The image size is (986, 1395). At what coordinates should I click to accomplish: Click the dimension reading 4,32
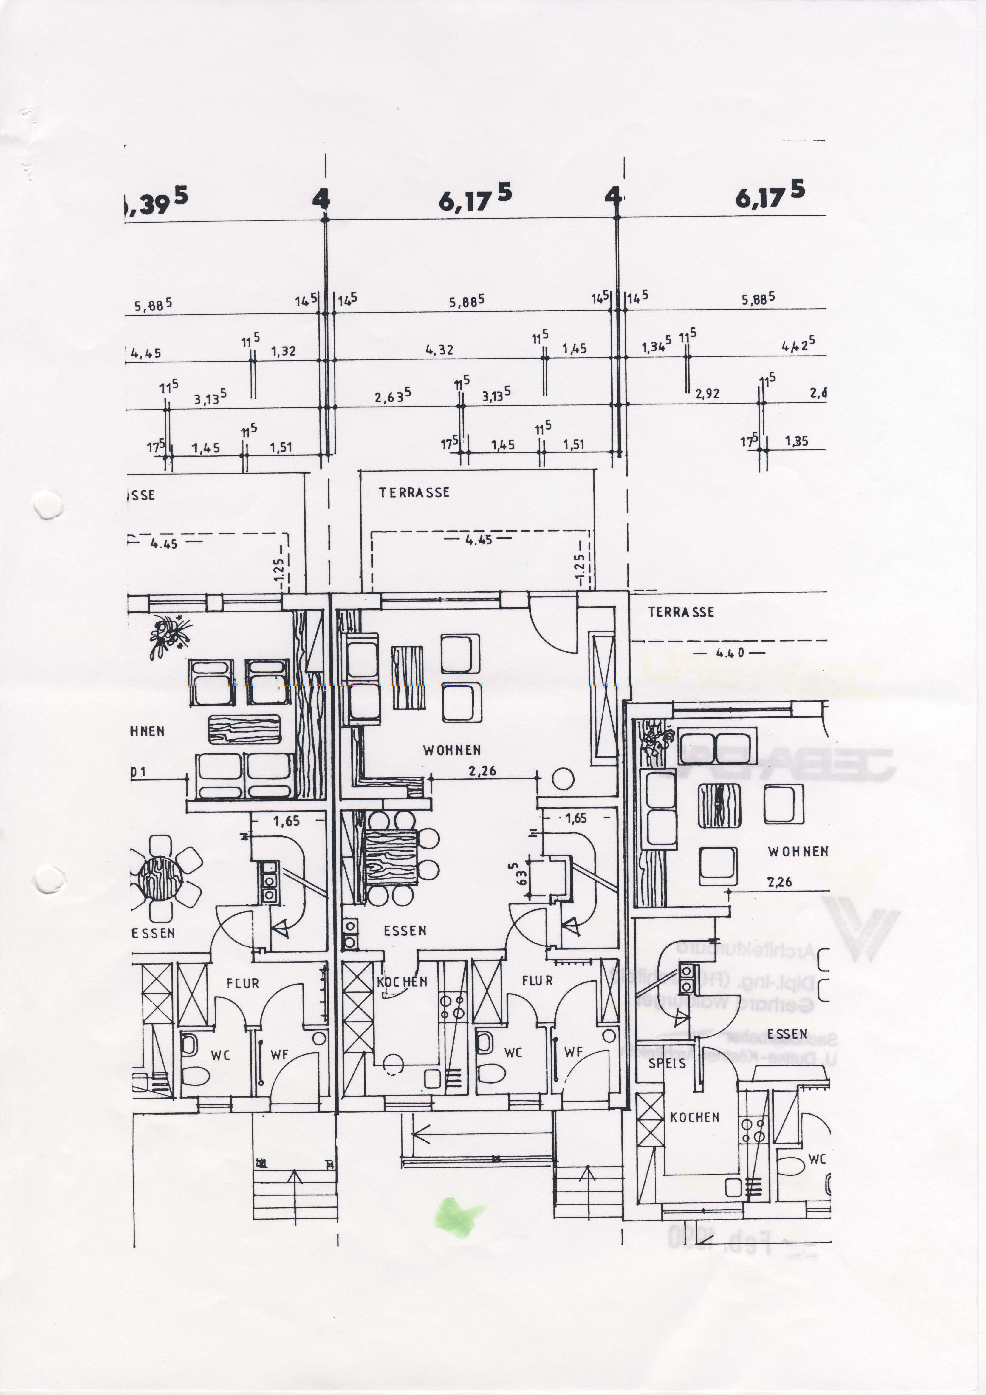coord(439,350)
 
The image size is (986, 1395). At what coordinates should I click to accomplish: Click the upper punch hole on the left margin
coord(47,505)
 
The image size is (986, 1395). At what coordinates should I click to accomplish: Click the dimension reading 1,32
coord(283,351)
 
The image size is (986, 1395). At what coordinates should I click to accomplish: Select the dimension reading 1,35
coord(796,441)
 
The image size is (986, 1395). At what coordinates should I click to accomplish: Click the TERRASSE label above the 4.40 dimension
coord(681,612)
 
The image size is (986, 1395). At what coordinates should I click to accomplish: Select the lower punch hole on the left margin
coord(47,879)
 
